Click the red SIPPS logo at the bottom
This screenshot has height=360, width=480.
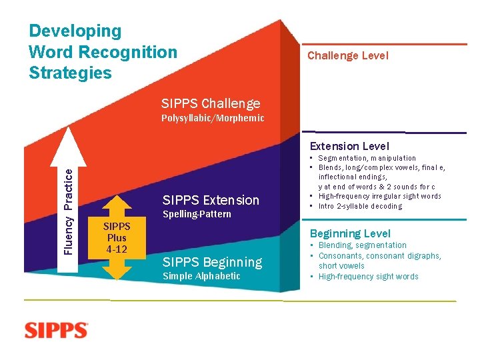tap(57, 331)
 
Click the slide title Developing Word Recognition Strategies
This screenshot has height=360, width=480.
tap(103, 52)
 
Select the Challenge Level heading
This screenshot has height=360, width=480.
tap(347, 56)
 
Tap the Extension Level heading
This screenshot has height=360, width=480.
tap(349, 146)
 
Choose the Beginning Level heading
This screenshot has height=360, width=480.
tap(350, 233)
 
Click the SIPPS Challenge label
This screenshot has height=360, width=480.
tap(211, 103)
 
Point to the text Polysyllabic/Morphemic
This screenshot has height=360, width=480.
tap(213, 119)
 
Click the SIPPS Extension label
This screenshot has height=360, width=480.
tap(211, 200)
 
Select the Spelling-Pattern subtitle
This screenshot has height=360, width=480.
tap(197, 214)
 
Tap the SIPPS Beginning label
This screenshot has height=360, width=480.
tap(212, 262)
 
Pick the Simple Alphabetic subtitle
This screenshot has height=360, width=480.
tap(201, 276)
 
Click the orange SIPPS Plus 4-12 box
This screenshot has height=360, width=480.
tap(117, 238)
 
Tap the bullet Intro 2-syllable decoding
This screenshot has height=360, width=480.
tap(360, 206)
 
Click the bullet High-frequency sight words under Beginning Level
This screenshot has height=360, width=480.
tap(368, 277)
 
